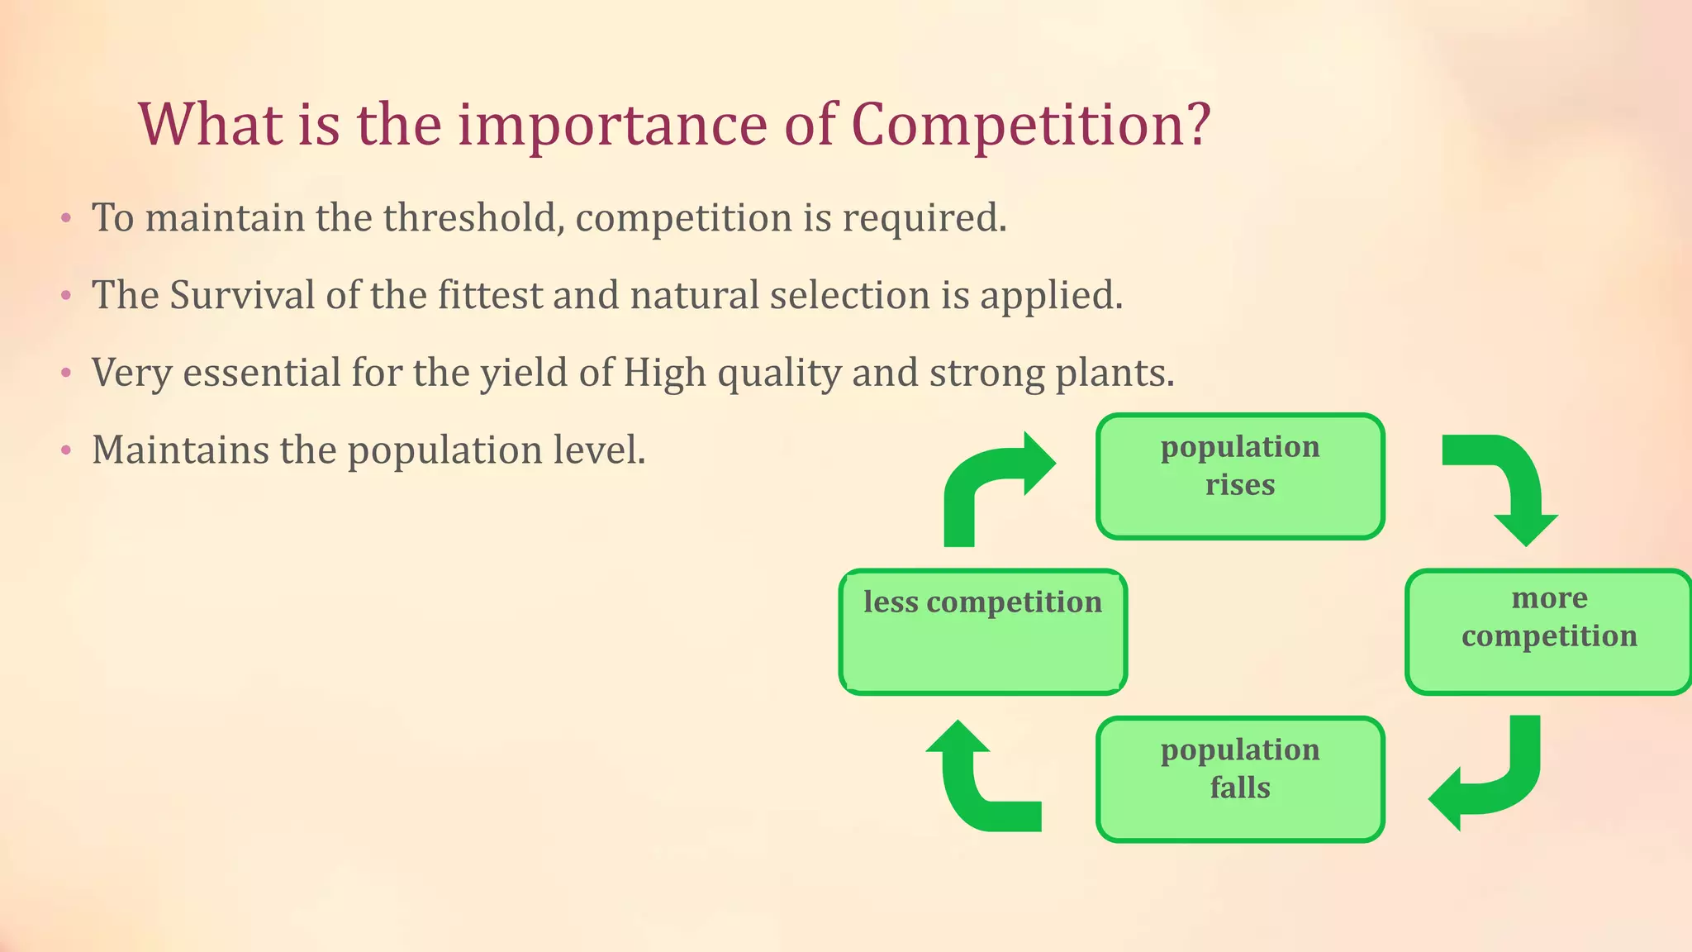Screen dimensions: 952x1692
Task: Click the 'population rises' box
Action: pyautogui.click(x=1239, y=477)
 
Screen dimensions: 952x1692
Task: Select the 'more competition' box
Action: pyautogui.click(x=1548, y=631)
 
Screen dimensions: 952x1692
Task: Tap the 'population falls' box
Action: pyautogui.click(x=1239, y=779)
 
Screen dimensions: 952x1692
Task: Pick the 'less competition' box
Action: pyautogui.click(x=982, y=631)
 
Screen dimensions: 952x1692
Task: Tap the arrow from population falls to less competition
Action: pyautogui.click(x=975, y=785)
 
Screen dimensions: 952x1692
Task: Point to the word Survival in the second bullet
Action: pyautogui.click(x=242, y=295)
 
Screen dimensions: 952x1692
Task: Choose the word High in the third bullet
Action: pyautogui.click(x=664, y=373)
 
